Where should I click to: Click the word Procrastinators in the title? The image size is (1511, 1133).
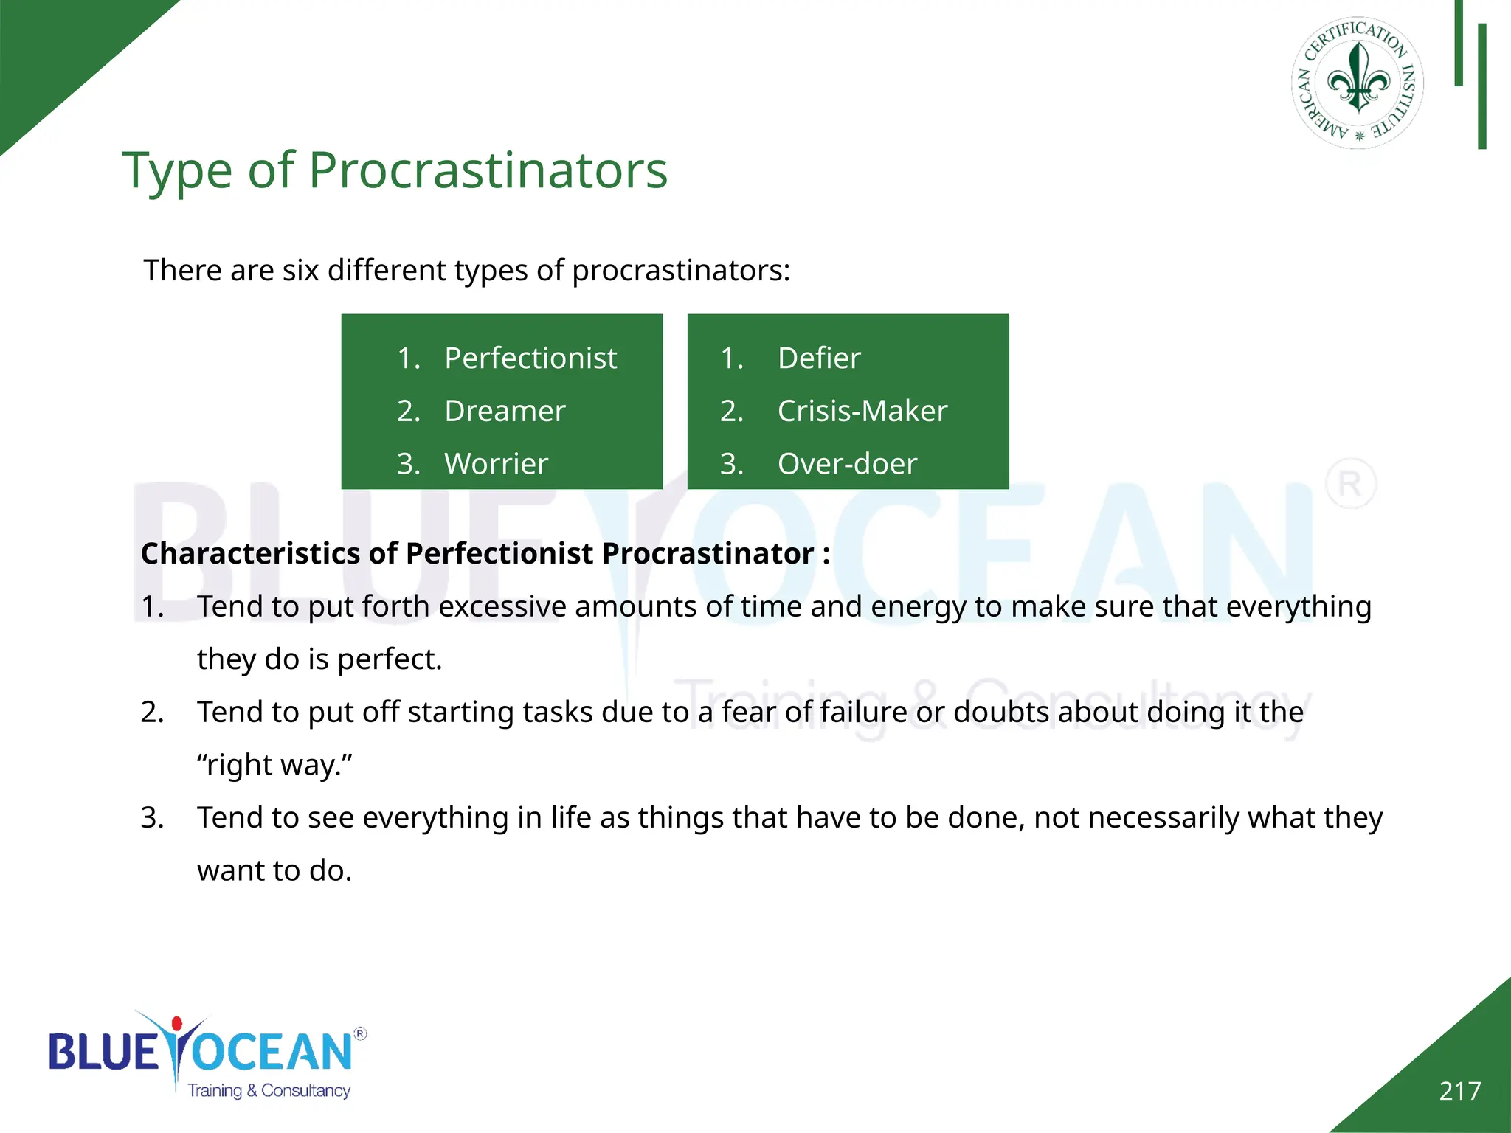[487, 171]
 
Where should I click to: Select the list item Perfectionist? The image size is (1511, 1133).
[530, 358]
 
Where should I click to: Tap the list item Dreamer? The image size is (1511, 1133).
[505, 411]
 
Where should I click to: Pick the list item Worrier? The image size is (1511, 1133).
[496, 464]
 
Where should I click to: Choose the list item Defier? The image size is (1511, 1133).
[819, 358]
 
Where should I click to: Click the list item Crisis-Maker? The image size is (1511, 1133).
[862, 411]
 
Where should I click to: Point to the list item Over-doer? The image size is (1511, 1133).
[847, 464]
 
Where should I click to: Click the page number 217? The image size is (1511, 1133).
[1459, 1091]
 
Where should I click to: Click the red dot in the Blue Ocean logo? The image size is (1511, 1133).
[176, 1024]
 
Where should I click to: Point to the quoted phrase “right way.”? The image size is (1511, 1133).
[274, 765]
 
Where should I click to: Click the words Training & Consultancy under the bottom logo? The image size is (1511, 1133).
[269, 1090]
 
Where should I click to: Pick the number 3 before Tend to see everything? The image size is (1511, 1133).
[151, 818]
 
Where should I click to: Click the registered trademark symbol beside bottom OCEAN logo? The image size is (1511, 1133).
[360, 1033]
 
